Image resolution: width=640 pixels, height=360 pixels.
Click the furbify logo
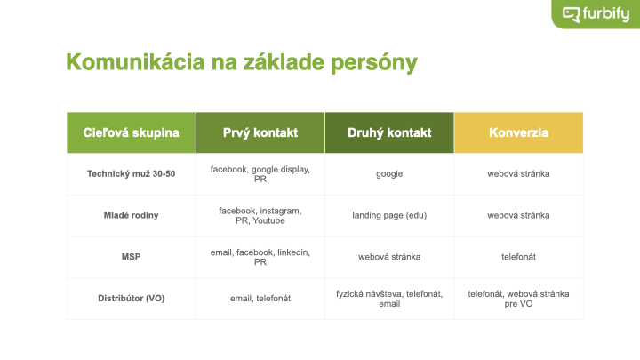tap(596, 14)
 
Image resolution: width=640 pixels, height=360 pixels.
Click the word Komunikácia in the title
tap(135, 62)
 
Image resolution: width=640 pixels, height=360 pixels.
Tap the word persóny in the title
tap(374, 63)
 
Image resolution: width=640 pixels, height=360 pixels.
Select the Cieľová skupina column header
tap(131, 132)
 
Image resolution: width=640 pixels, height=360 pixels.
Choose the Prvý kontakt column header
tap(260, 132)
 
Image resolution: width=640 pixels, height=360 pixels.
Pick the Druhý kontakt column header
tap(389, 132)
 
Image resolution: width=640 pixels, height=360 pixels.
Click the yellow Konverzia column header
tap(518, 132)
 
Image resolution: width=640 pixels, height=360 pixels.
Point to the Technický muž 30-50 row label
tap(131, 174)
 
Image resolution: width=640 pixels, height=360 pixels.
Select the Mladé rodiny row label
tap(131, 215)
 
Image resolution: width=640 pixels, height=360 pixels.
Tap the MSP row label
tap(131, 257)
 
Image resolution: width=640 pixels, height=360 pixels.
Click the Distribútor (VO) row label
tap(131, 299)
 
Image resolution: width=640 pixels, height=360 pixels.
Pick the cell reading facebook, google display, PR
tap(260, 174)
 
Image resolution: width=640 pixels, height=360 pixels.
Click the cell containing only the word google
tap(389, 174)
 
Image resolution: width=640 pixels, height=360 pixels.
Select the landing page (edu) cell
tap(389, 215)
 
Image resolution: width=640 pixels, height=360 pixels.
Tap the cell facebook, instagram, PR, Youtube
tap(260, 216)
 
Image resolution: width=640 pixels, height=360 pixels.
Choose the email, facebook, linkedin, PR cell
tap(260, 257)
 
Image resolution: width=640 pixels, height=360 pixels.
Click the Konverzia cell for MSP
tap(518, 257)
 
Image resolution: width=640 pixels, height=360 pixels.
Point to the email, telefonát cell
tap(260, 299)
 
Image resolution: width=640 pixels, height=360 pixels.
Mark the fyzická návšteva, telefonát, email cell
tap(389, 299)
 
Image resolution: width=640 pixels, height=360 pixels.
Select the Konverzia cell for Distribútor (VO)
tap(518, 299)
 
